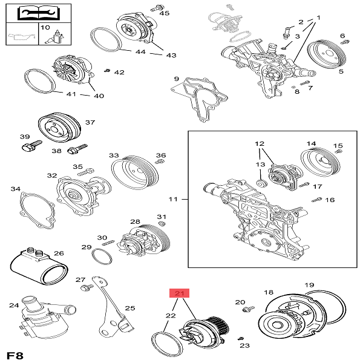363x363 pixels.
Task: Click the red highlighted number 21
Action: click(180, 293)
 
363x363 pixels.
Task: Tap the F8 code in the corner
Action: click(15, 355)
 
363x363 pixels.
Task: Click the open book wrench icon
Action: click(38, 13)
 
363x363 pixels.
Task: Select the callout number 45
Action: click(165, 13)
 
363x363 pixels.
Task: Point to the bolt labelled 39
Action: click(31, 145)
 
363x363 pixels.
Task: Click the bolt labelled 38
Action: click(77, 149)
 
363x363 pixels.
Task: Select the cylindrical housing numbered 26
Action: click(39, 266)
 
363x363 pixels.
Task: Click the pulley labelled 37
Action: click(59, 128)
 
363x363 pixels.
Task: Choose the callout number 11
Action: click(173, 199)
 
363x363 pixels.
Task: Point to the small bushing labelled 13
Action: click(262, 183)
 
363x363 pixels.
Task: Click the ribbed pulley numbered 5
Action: click(327, 55)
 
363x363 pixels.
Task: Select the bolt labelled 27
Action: click(87, 287)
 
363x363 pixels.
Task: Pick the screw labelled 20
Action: click(249, 309)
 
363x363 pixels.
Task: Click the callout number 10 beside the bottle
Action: click(45, 27)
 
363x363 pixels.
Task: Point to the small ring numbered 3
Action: click(284, 48)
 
